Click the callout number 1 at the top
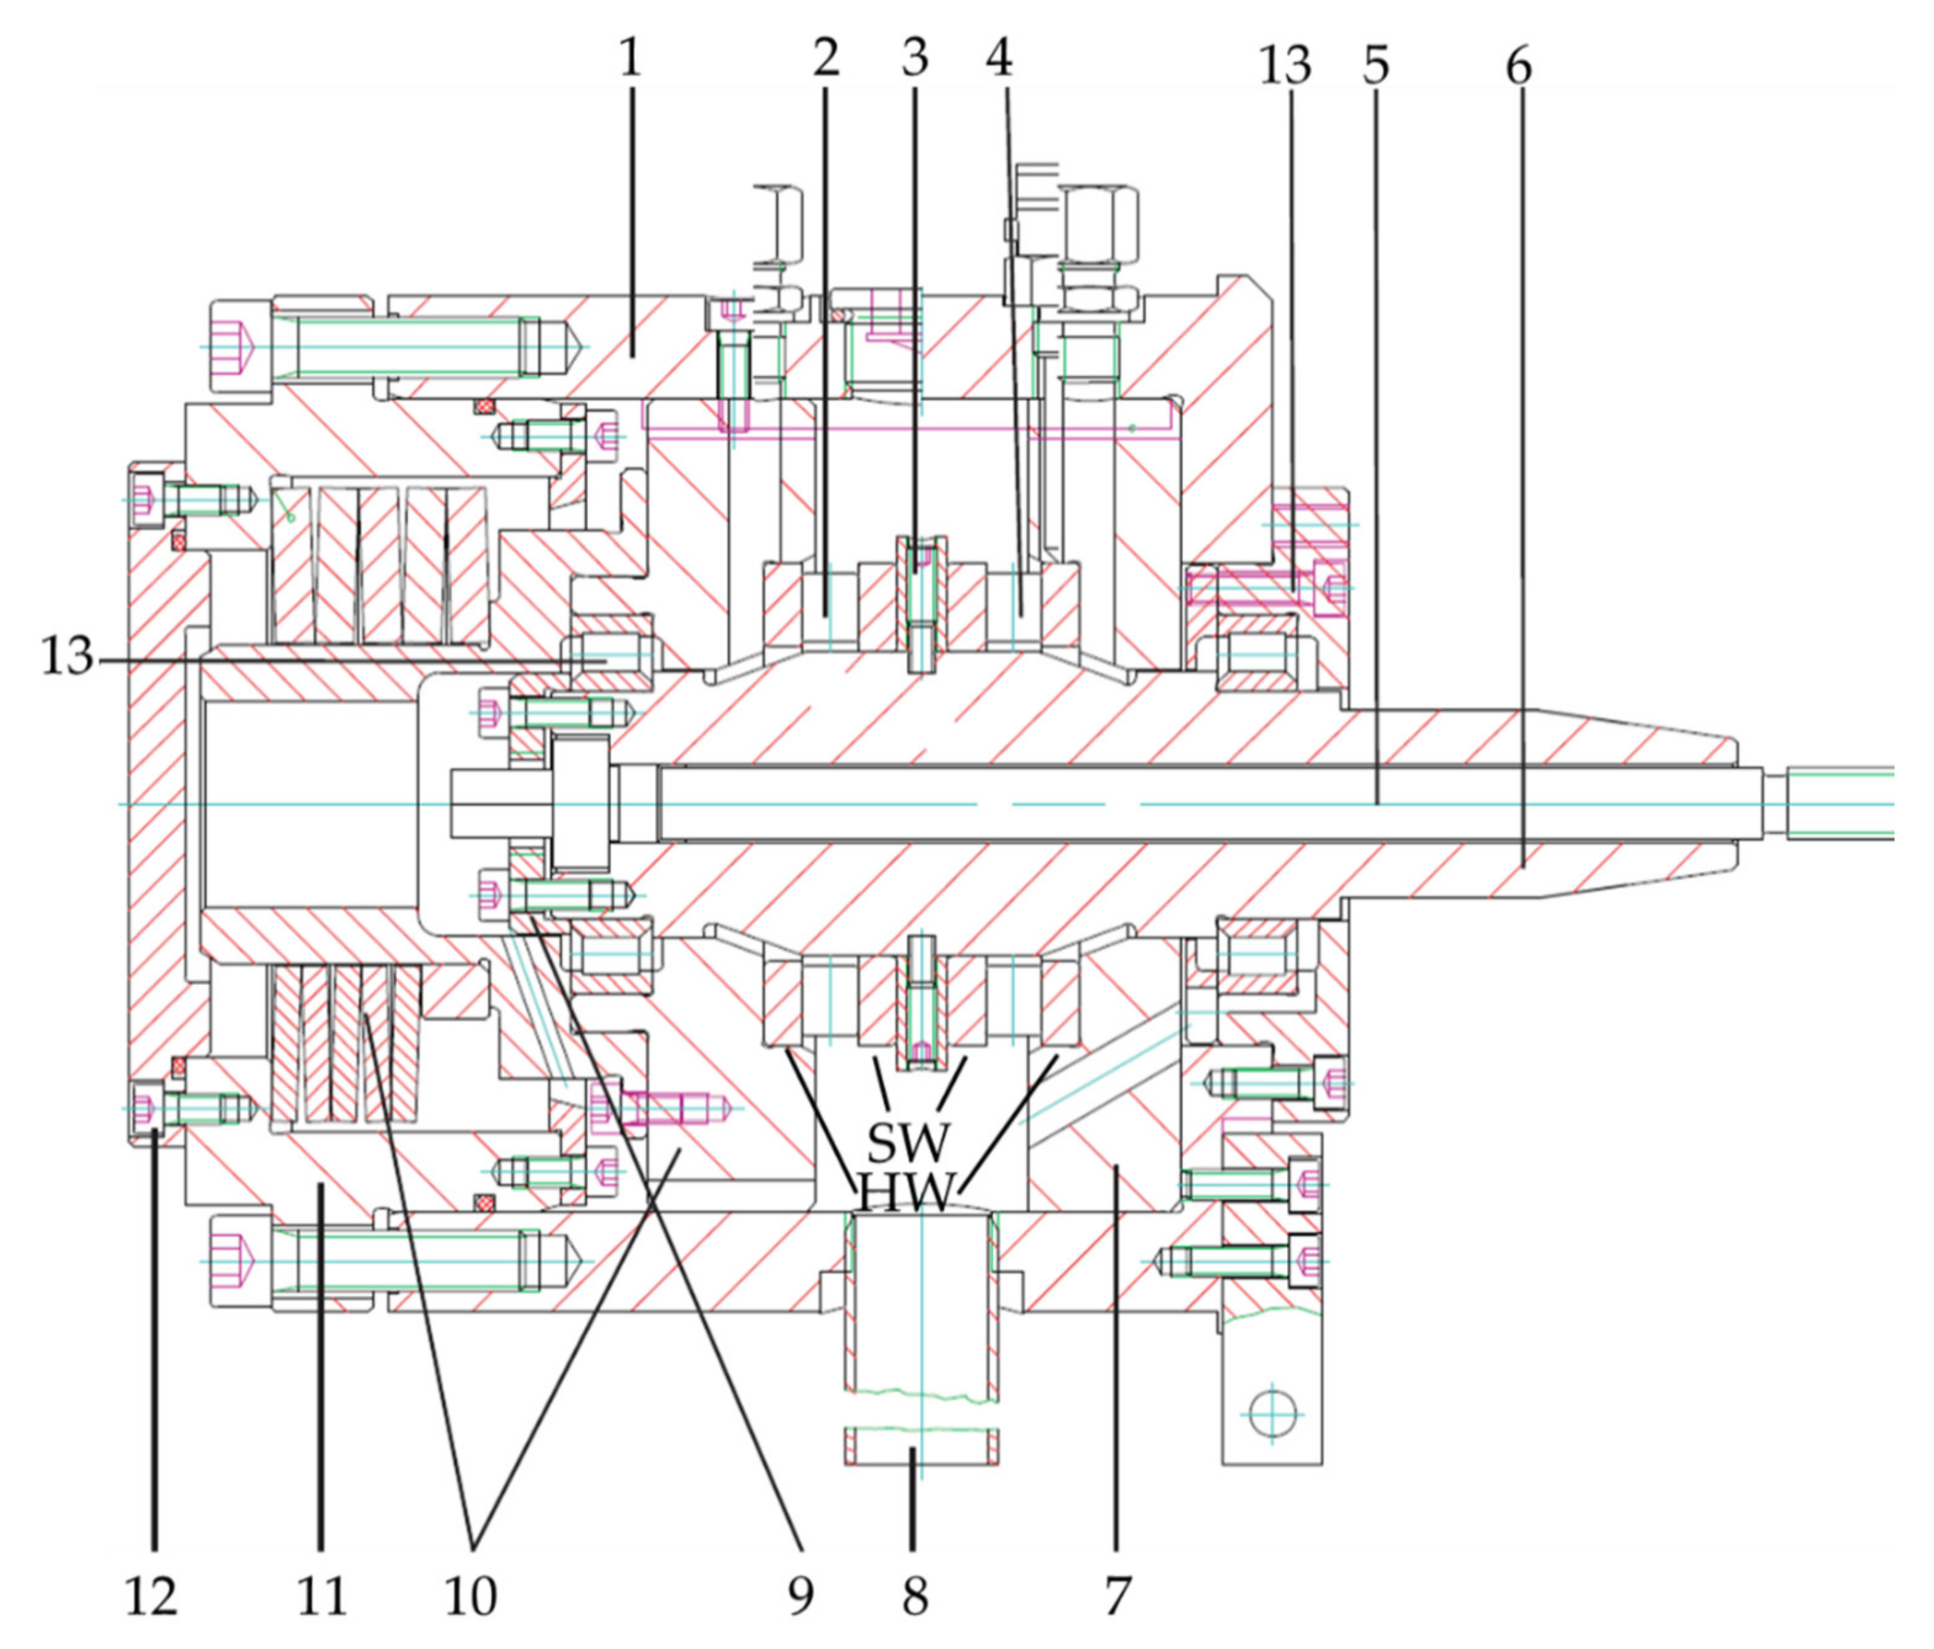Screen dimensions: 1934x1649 (631, 58)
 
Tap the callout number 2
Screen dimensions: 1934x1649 (826, 58)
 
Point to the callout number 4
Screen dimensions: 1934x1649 (1000, 58)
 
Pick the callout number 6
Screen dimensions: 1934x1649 (1519, 65)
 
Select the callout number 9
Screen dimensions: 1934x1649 (800, 1596)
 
